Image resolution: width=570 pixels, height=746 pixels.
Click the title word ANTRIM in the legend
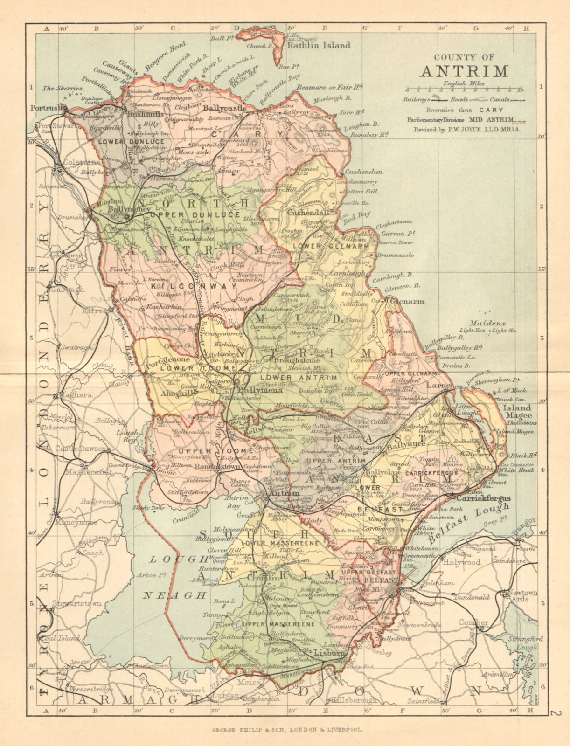(x=464, y=71)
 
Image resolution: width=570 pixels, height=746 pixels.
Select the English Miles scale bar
(x=464, y=89)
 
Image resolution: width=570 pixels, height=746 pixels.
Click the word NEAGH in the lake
(x=174, y=595)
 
